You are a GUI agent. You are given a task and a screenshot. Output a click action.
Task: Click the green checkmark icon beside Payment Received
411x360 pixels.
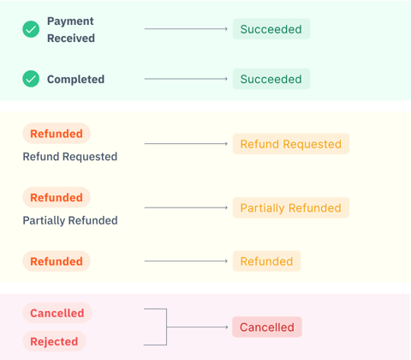pos(31,29)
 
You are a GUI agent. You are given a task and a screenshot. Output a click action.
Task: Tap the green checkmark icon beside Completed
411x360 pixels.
pos(31,79)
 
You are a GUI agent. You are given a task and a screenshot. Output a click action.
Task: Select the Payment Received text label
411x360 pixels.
pos(71,29)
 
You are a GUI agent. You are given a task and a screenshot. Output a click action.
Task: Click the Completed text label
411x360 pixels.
pos(75,79)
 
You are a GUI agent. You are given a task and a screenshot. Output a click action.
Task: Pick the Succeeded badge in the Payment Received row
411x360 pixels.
pos(271,29)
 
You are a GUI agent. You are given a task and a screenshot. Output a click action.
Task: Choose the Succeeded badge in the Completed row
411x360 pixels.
pos(271,79)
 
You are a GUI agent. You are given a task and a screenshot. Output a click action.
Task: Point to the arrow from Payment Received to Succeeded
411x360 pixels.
pos(187,29)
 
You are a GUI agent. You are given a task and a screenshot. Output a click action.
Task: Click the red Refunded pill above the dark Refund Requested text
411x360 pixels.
pos(57,134)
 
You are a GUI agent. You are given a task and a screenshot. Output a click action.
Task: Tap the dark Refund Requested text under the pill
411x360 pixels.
pos(70,157)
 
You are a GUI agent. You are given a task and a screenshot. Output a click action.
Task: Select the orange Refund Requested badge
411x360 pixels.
pos(290,144)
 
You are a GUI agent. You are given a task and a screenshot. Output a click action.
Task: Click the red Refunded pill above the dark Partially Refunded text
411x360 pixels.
pos(57,197)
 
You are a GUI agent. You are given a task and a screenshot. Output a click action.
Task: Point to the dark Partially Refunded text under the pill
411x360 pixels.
pos(70,220)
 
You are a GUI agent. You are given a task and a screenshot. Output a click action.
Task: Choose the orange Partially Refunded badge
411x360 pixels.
pos(290,207)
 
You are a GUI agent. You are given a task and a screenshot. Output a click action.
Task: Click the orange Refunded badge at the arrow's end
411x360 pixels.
pos(266,261)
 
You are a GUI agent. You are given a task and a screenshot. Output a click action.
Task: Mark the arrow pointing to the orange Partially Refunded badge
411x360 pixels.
pos(187,207)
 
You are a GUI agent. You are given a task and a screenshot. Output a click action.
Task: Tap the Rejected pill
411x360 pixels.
pos(54,341)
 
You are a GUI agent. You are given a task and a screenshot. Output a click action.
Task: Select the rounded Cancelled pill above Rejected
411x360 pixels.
pos(57,313)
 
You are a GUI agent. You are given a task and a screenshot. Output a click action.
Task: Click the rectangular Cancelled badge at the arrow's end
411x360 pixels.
pos(266,327)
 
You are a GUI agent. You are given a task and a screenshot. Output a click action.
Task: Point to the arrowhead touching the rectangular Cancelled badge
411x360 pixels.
pos(228,327)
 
